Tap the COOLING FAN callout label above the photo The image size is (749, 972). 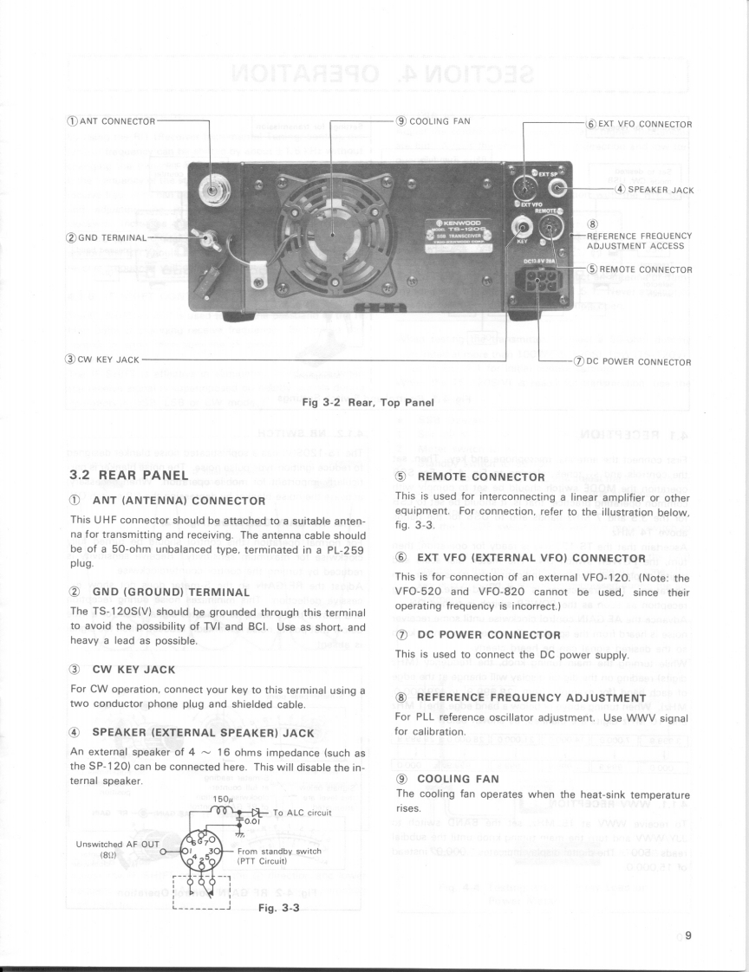tap(433, 120)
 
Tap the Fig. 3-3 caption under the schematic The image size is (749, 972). tap(278, 908)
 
